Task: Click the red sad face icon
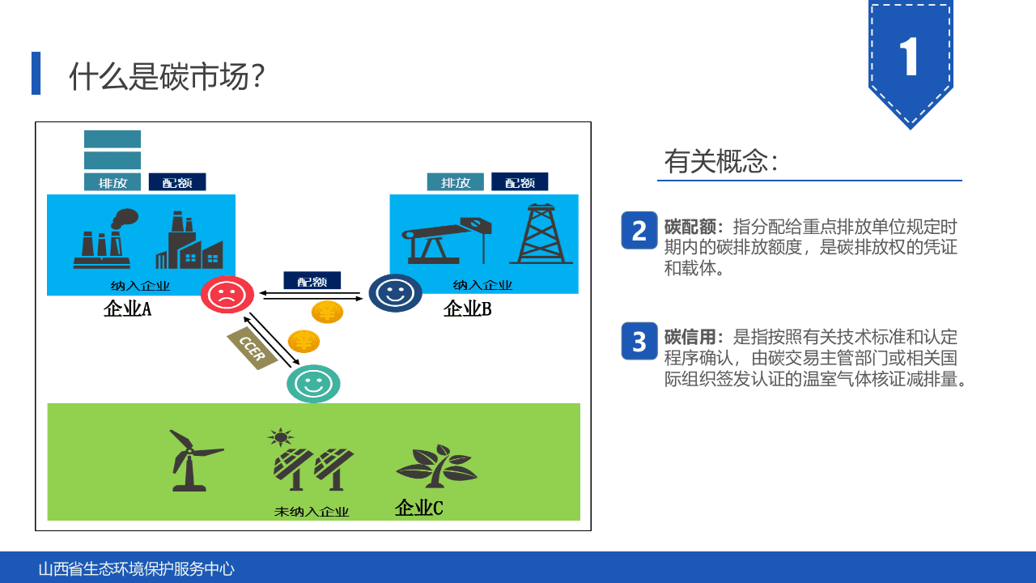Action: click(227, 294)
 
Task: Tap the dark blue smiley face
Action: click(395, 293)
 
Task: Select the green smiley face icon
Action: click(313, 384)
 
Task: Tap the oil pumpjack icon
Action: click(448, 239)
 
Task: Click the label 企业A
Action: click(127, 309)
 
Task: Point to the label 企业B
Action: click(467, 309)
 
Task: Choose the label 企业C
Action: click(418, 508)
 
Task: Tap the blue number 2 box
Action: click(639, 230)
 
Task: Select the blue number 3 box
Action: click(639, 341)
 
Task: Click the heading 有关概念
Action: click(720, 161)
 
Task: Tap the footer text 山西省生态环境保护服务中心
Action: click(137, 568)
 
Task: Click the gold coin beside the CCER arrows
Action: click(304, 341)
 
